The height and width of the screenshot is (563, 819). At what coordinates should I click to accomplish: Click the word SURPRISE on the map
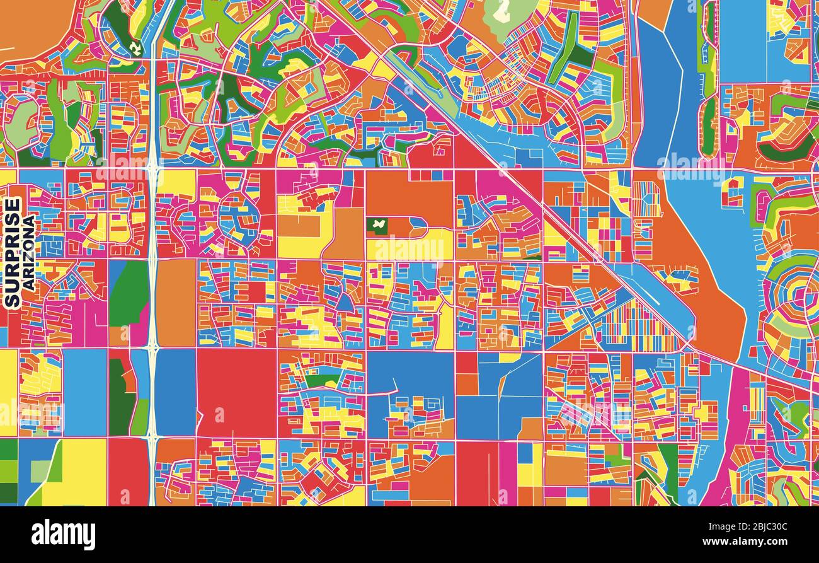click(12, 252)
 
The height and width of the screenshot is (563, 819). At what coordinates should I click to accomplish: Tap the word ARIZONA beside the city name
click(28, 252)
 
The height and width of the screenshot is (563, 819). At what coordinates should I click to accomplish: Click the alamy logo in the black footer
click(63, 535)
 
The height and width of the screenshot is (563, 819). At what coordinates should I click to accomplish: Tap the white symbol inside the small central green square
click(377, 224)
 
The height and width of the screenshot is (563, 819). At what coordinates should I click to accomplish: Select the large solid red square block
click(236, 393)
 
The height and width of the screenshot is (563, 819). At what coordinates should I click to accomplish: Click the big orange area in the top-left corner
click(31, 25)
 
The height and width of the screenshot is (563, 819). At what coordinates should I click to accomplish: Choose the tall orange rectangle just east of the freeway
click(176, 303)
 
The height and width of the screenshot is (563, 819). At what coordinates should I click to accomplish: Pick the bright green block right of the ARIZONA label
click(129, 293)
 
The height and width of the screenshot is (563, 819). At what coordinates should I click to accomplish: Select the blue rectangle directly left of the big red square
click(175, 392)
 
